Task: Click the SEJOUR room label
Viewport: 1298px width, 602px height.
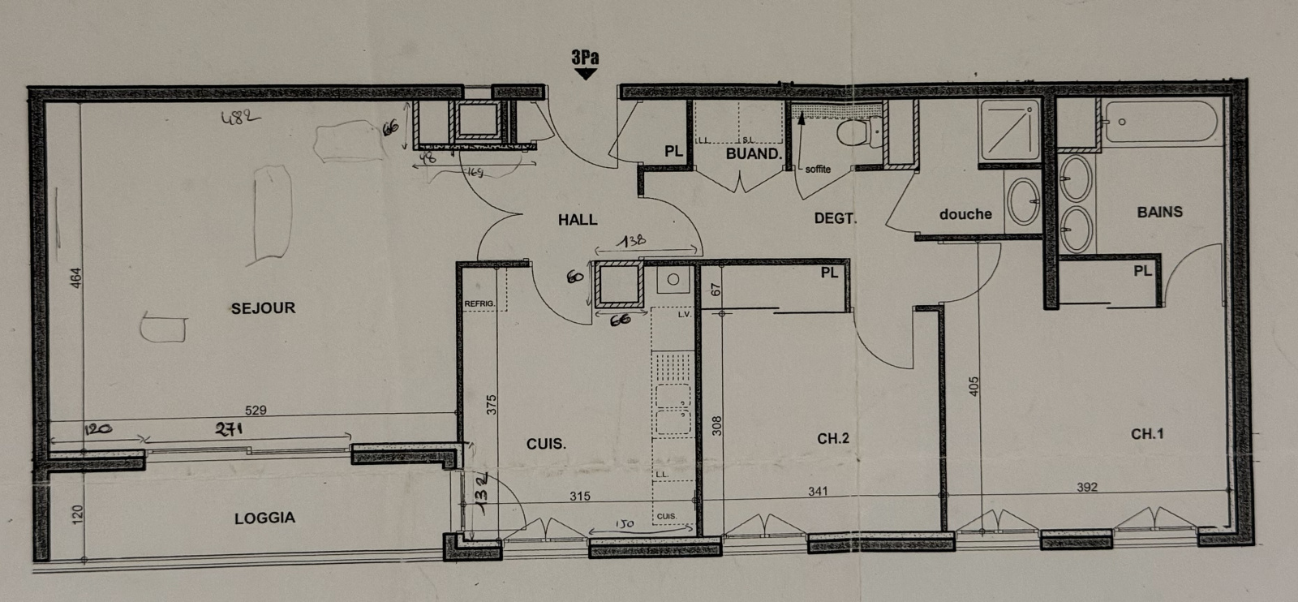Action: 263,308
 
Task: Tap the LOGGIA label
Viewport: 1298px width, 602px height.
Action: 264,518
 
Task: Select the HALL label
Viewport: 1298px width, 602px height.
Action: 578,220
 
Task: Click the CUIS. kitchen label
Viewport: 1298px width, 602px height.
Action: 546,444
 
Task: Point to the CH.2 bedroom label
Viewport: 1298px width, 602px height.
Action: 833,439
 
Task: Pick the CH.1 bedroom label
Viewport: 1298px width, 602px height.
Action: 1147,434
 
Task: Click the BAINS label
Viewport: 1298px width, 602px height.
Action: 1159,212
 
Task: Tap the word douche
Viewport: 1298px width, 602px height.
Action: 965,214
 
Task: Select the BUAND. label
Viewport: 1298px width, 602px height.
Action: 754,153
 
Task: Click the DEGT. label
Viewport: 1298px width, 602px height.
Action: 835,218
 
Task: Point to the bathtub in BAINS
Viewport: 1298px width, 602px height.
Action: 1161,122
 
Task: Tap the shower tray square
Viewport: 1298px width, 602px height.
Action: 1008,130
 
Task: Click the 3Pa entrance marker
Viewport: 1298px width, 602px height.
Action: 585,58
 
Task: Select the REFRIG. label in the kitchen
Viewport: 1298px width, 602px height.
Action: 479,303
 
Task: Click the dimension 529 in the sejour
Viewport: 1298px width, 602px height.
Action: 256,411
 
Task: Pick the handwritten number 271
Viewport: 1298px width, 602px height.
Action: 230,429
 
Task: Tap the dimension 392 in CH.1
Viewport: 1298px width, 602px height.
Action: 1087,487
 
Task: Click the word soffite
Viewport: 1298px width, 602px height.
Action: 818,169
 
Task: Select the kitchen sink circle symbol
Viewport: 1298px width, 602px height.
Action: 673,280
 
